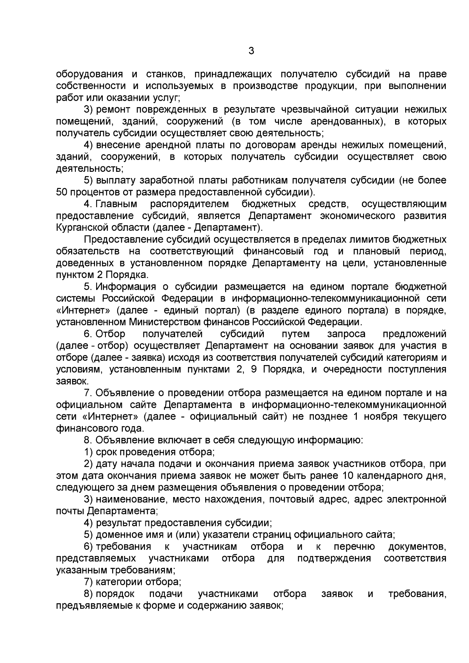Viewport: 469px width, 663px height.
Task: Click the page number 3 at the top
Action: point(251,51)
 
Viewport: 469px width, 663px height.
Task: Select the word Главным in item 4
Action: point(116,204)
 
